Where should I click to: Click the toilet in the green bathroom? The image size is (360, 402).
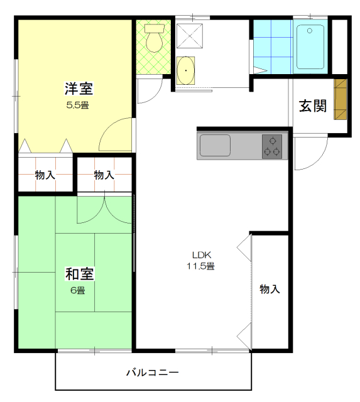154,38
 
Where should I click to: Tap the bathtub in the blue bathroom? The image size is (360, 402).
310,46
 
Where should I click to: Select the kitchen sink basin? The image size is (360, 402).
215,145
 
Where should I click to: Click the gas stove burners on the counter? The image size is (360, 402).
272,146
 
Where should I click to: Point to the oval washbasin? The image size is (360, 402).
185,70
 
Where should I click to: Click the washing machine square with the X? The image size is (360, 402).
190,36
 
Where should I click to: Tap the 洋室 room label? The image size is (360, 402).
79,89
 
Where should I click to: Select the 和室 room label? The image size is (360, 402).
80,274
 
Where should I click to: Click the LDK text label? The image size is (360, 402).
202,255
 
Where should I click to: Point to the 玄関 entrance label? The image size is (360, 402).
313,106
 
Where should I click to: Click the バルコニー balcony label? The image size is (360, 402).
153,372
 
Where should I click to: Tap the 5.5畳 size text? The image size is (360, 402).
78,105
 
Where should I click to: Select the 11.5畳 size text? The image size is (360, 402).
200,266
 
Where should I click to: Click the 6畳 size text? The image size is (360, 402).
78,290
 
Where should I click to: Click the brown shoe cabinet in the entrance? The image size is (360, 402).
341,99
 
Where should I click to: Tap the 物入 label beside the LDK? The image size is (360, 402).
270,289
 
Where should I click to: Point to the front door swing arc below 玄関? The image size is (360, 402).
317,160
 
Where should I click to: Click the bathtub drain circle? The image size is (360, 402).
310,31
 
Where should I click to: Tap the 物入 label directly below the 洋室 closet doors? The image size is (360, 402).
45,175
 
